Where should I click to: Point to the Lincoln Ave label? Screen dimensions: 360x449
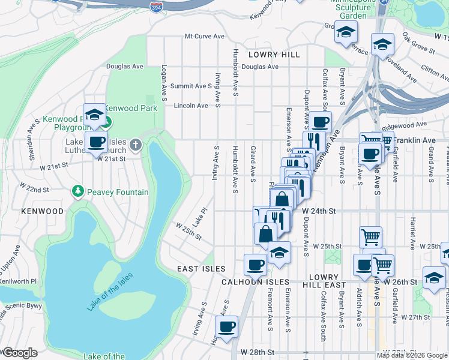pos(190,106)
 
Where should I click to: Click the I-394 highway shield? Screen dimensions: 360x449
pos(154,6)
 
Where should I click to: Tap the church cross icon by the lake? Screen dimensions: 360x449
pos(136,145)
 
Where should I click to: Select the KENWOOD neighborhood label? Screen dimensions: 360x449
pos(42,212)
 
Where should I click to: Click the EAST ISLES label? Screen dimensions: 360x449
pos(201,269)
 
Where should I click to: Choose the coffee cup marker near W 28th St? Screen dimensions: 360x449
pos(226,327)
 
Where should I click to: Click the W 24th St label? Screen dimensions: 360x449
pos(318,212)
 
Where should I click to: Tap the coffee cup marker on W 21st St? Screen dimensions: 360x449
pos(96,143)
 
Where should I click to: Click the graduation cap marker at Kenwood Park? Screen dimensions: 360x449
pos(94,115)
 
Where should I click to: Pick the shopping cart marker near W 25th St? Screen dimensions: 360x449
pos(370,236)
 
